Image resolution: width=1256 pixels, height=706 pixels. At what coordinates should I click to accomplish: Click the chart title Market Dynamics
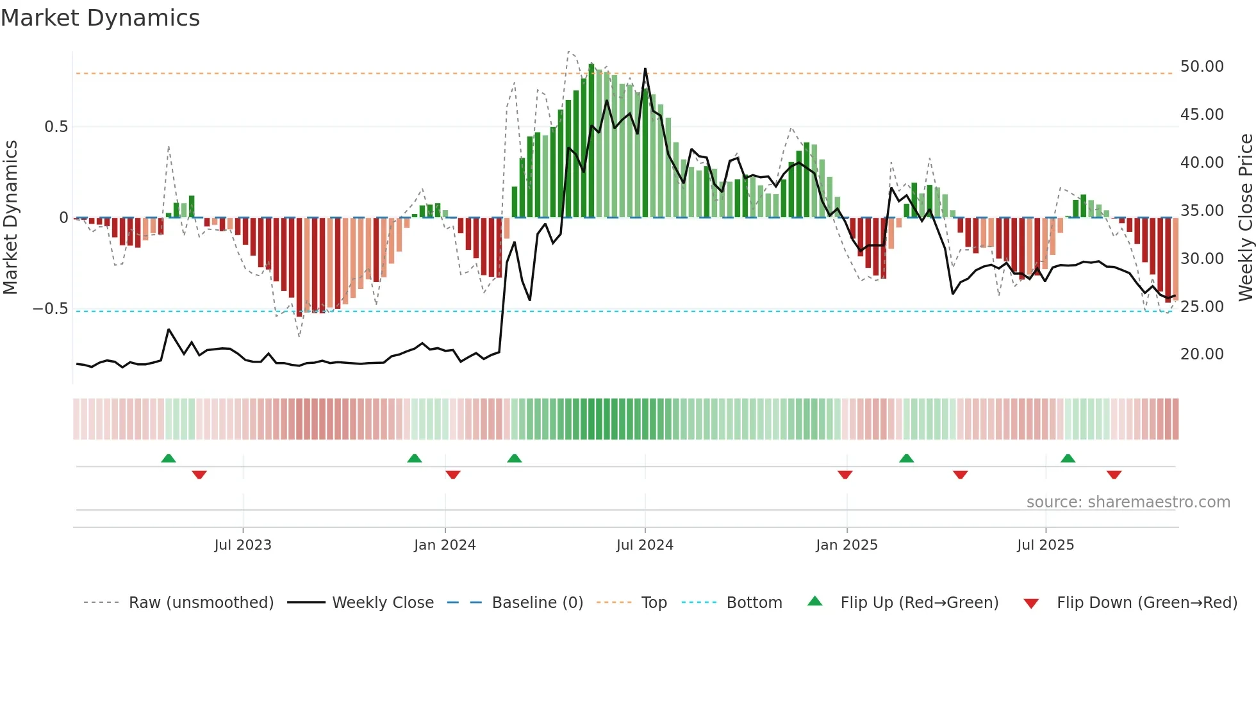tap(100, 18)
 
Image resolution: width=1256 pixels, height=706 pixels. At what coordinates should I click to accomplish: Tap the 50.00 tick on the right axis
tap(1202, 67)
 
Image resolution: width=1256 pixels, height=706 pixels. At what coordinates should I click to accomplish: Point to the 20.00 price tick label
tap(1202, 354)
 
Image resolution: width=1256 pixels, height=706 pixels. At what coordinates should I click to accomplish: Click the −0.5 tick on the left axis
tap(50, 309)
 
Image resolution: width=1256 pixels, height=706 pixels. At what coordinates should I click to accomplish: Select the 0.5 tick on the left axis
tap(56, 127)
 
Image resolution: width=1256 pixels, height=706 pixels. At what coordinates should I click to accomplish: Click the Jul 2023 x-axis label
tap(243, 545)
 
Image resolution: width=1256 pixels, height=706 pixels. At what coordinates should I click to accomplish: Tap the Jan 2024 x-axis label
tap(445, 545)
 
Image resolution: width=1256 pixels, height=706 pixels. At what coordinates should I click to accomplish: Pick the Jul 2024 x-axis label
tap(645, 545)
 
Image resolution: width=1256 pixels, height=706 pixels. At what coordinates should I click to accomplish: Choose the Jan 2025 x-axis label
tap(847, 545)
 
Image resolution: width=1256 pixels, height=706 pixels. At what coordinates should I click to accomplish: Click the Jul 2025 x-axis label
tap(1045, 545)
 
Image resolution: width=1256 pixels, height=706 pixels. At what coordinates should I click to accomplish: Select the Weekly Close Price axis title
tap(1245, 217)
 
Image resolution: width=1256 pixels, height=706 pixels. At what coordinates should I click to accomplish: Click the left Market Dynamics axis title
tap(10, 217)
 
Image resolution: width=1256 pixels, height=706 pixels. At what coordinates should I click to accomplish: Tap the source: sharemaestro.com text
tap(1128, 502)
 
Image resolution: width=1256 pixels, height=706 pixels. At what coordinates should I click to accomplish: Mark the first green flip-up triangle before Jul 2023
tap(169, 459)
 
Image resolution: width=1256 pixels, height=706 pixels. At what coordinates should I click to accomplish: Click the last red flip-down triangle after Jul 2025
tap(1114, 475)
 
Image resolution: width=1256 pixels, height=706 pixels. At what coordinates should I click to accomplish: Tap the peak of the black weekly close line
tap(645, 69)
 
